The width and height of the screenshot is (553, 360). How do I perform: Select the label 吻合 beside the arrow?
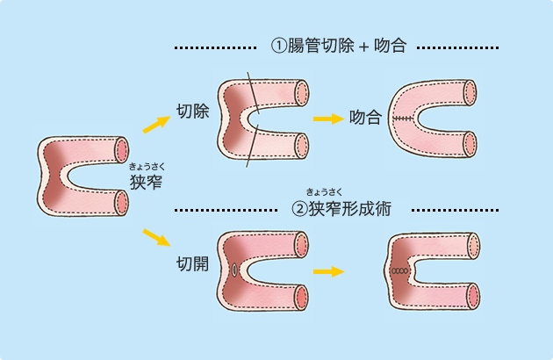tap(364, 117)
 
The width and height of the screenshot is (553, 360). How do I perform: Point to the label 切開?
tap(192, 263)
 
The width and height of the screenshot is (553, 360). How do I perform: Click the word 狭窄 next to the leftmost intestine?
tap(146, 183)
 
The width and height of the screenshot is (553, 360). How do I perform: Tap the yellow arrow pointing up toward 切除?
tap(155, 124)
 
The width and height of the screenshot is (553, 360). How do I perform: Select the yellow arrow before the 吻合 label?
tap(328, 117)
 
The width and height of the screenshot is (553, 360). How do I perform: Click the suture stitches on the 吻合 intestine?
tap(404, 118)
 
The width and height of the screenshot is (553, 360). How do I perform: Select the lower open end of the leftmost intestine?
tap(121, 203)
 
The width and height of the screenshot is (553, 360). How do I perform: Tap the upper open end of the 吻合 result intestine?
tap(470, 91)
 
